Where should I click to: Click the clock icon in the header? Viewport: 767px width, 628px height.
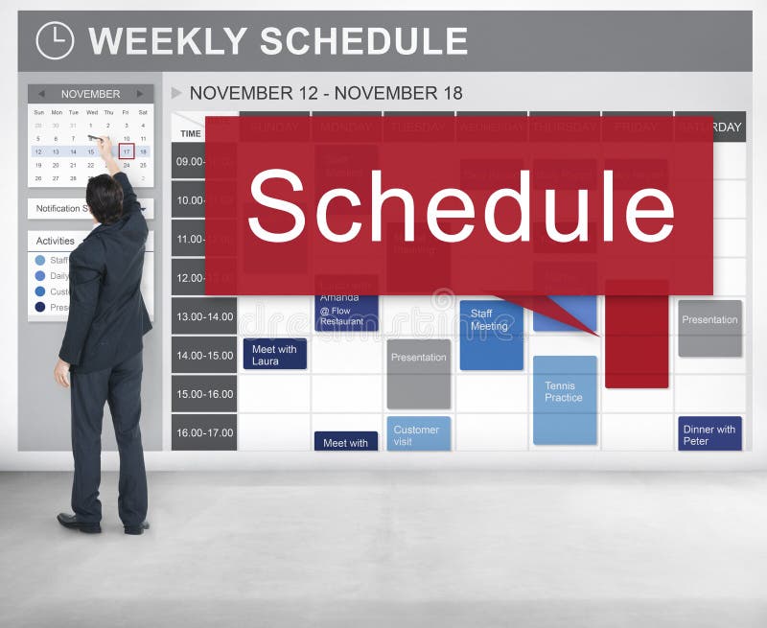(x=54, y=40)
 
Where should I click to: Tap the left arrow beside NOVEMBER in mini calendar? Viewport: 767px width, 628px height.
(x=40, y=94)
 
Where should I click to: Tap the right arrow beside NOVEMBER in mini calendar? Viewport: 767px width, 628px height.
(x=140, y=94)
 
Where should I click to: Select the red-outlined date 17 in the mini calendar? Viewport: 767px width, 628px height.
(x=126, y=151)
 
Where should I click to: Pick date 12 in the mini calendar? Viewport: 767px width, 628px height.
(x=38, y=151)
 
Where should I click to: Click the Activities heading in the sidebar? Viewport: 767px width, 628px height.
(x=55, y=241)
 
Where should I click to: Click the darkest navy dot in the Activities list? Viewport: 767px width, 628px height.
(x=40, y=307)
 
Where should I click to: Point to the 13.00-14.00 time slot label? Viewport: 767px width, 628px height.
(x=204, y=315)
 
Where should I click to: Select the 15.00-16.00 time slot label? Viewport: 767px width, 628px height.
(x=204, y=393)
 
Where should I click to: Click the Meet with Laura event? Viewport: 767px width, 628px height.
(x=274, y=355)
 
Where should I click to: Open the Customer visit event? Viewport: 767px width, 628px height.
(x=418, y=434)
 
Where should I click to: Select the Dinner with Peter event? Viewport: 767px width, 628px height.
(x=709, y=434)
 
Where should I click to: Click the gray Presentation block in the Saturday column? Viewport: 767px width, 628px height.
(x=709, y=328)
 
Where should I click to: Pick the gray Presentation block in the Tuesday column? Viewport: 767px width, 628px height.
(x=419, y=373)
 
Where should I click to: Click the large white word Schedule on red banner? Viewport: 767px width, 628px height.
(x=460, y=206)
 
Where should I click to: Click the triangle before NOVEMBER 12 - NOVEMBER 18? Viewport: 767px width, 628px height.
(x=176, y=93)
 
